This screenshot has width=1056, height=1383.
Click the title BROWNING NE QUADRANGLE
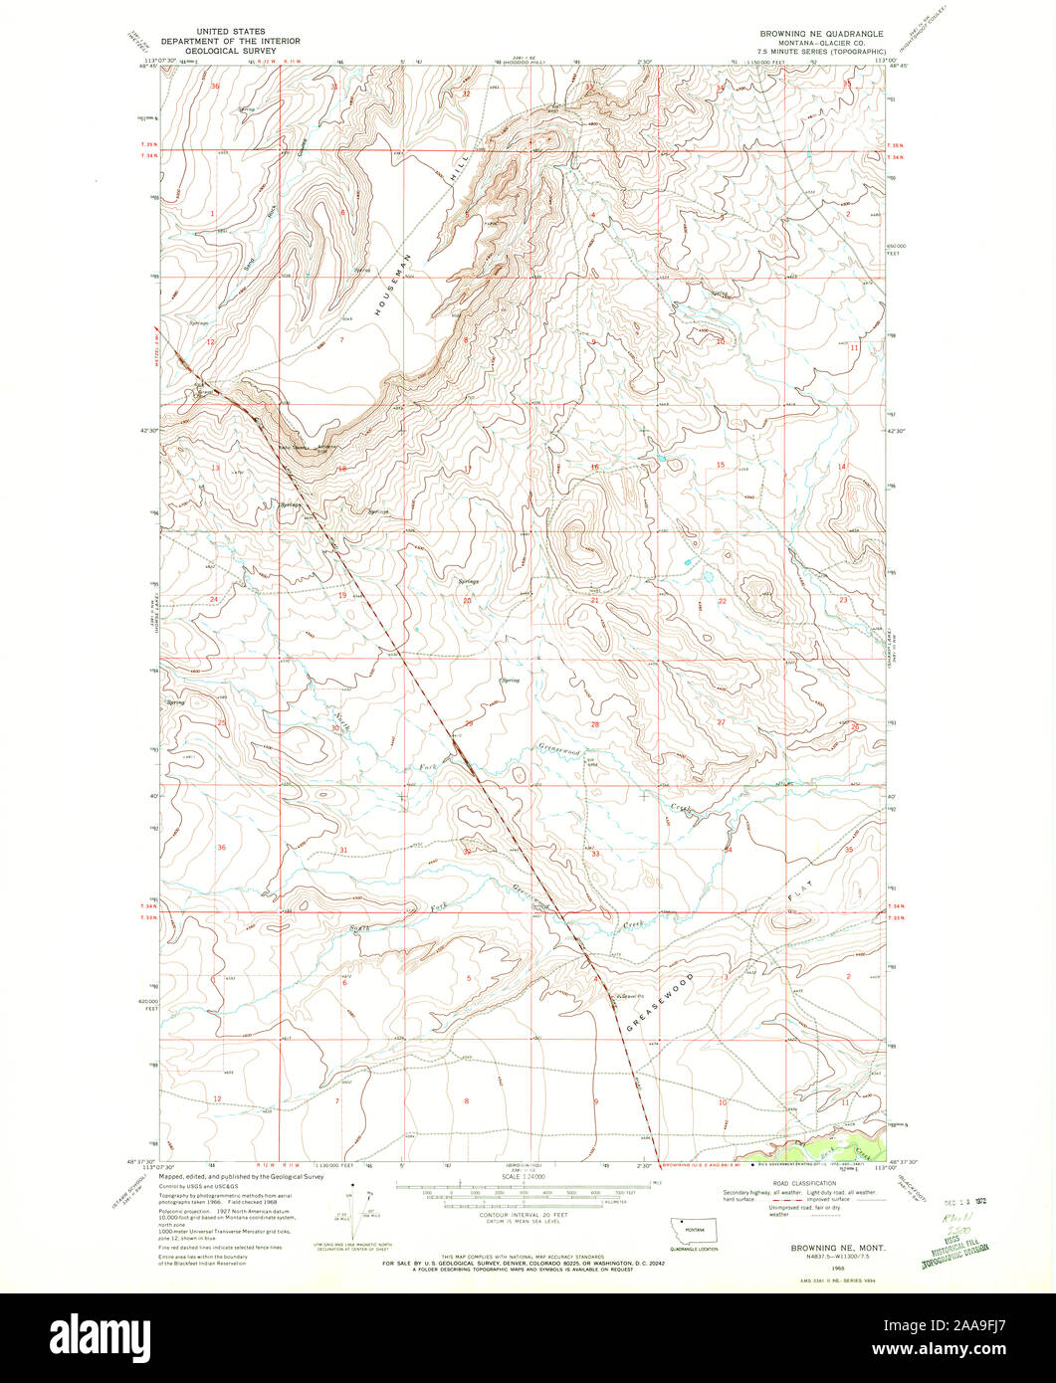pyautogui.click(x=821, y=33)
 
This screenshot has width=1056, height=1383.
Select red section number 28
pyautogui.click(x=595, y=724)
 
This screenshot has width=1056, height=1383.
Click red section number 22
pyautogui.click(x=723, y=601)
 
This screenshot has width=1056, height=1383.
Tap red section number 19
pyautogui.click(x=341, y=594)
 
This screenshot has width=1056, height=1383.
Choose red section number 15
pyautogui.click(x=721, y=466)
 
